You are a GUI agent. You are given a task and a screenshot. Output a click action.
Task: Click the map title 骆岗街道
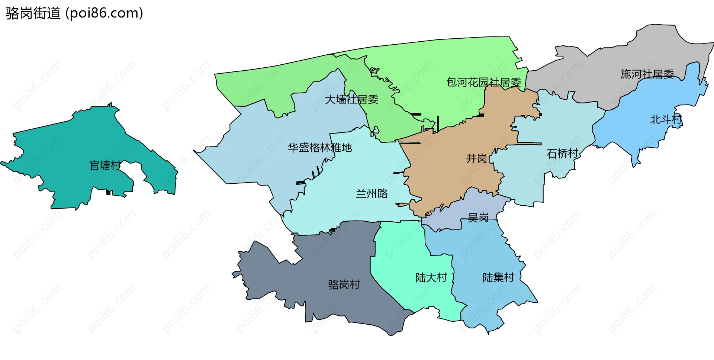pyautogui.click(x=33, y=13)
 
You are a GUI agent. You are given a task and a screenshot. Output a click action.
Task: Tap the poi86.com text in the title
pyautogui.click(x=104, y=13)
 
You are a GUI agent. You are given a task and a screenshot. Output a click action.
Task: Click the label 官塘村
pyautogui.click(x=105, y=165)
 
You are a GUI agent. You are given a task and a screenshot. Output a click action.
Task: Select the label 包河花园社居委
pyautogui.click(x=483, y=82)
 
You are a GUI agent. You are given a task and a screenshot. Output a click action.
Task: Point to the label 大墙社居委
pyautogui.click(x=351, y=100)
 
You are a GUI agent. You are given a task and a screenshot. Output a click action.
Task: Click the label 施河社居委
pyautogui.click(x=647, y=74)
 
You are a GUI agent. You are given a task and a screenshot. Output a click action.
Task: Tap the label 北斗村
pyautogui.click(x=666, y=119)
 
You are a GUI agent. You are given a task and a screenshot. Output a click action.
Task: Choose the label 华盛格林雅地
pyautogui.click(x=320, y=148)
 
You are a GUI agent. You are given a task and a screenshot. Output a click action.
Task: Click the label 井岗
pyautogui.click(x=476, y=158)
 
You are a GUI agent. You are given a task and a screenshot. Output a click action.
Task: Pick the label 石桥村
pyautogui.click(x=562, y=154)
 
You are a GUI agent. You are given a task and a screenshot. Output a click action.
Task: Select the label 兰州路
pyautogui.click(x=372, y=193)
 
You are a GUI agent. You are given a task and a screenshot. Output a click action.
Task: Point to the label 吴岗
pyautogui.click(x=478, y=217)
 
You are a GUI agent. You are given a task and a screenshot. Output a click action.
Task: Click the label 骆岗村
pyautogui.click(x=344, y=285)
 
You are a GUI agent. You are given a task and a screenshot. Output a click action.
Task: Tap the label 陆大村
pyautogui.click(x=431, y=277)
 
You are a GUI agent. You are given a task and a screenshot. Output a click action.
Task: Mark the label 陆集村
pyautogui.click(x=498, y=277)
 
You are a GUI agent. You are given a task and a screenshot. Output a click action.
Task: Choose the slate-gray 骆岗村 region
pyautogui.click(x=335, y=260)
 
